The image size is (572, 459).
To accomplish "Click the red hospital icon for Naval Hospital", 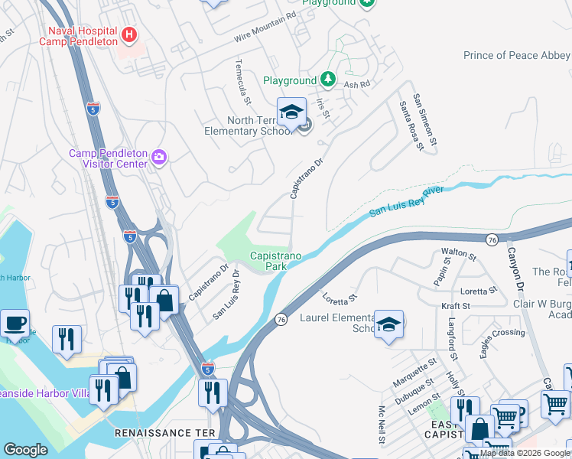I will point(128,34).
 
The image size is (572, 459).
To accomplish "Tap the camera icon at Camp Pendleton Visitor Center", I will point(159,158).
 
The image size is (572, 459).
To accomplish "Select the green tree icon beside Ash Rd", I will point(327,79).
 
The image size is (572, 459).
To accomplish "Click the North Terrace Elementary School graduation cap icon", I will point(291,113).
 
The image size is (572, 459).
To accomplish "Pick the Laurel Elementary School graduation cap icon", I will point(388,324).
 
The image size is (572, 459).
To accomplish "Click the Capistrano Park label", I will point(274,262).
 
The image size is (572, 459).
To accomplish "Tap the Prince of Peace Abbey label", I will point(516,55).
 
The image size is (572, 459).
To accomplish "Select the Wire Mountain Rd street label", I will point(265,28).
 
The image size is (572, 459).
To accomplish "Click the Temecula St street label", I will point(244,81).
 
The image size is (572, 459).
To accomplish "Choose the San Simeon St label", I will point(424,120).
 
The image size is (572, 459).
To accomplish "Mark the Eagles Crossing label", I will point(502,334).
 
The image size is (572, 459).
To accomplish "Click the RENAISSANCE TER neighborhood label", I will point(163,433).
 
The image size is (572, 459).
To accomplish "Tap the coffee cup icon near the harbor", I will point(15,324).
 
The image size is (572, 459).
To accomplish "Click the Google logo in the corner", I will point(25,450).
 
